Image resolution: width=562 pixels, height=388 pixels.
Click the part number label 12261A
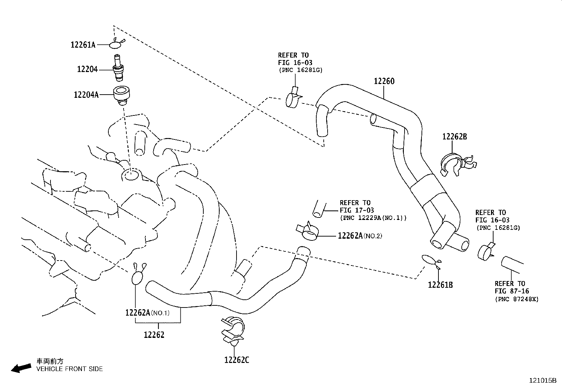pyautogui.click(x=83, y=45)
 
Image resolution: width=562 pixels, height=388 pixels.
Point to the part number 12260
pyautogui.click(x=384, y=81)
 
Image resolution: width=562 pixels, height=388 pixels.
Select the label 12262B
pyautogui.click(x=454, y=137)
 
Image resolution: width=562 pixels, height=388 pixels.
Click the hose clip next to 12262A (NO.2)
pyautogui.click(x=308, y=231)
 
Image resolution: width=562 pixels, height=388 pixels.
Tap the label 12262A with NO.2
pyautogui.click(x=359, y=235)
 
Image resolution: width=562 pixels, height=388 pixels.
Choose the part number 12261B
pyautogui.click(x=440, y=285)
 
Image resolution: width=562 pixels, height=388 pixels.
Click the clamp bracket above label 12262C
pyautogui.click(x=232, y=330)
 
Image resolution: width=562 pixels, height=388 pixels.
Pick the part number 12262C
pyautogui.click(x=236, y=360)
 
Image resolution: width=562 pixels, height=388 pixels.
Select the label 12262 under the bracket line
pyautogui.click(x=154, y=335)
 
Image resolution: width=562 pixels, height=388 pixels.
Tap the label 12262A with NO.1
pyautogui.click(x=147, y=312)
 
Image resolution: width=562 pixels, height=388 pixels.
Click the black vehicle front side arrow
pyautogui.click(x=21, y=368)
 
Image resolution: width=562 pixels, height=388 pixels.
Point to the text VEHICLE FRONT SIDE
pyautogui.click(x=70, y=369)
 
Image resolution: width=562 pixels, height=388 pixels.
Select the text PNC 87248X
pyautogui.click(x=517, y=299)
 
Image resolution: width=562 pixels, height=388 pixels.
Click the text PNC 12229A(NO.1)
pyautogui.click(x=373, y=218)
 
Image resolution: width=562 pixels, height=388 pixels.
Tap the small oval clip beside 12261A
pyautogui.click(x=116, y=44)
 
